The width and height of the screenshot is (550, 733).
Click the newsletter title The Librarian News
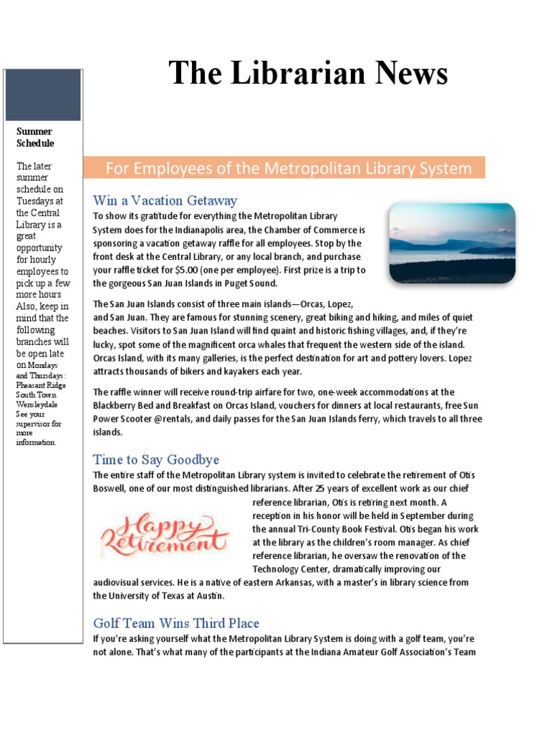[x=308, y=74]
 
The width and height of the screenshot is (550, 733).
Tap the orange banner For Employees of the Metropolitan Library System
[x=289, y=169]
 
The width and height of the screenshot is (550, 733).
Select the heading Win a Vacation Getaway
[x=165, y=200]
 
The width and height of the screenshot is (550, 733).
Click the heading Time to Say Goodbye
[x=156, y=460]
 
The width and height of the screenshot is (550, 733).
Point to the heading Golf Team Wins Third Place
[x=176, y=623]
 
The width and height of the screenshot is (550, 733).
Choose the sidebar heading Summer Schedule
[x=35, y=137]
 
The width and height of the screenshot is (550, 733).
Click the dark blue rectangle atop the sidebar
[x=43, y=95]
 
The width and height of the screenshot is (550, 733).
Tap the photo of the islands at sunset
[x=451, y=243]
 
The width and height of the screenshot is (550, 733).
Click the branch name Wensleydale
[x=38, y=404]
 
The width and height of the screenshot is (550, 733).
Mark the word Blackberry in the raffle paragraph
[x=117, y=406]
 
